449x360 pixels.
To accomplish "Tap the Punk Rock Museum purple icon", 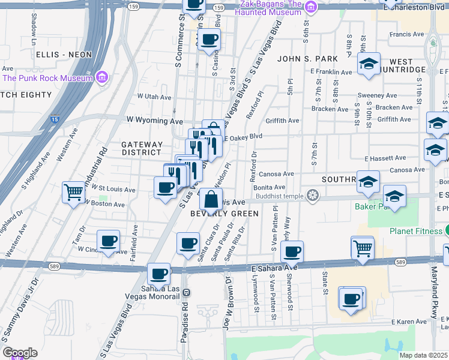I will [x=101, y=77].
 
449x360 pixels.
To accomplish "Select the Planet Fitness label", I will [x=414, y=232].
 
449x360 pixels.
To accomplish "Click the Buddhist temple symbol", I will [x=312, y=195].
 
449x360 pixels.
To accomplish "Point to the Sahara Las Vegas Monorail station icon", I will [x=187, y=292].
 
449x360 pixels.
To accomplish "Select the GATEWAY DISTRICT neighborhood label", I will [x=142, y=149].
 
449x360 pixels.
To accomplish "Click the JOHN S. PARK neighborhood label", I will [x=307, y=59].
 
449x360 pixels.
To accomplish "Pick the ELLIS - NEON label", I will [x=64, y=55].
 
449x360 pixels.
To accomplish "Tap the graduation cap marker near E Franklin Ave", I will [x=369, y=64].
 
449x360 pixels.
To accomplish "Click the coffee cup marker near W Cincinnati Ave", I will [x=108, y=242].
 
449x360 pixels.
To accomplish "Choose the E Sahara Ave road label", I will [x=274, y=268].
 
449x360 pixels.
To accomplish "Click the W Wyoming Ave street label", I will [x=154, y=121].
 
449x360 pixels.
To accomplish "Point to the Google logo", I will [x=20, y=353].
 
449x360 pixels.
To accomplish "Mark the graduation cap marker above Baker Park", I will [x=394, y=196].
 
